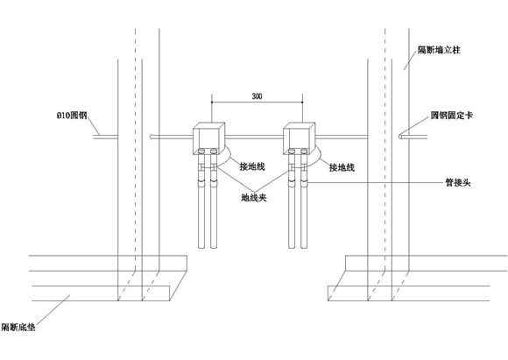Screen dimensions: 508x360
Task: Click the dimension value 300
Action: pos(257,96)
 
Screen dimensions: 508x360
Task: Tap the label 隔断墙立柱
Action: pos(439,50)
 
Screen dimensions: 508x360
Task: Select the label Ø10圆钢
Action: pos(72,116)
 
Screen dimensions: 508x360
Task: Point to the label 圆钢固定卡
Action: pos(452,115)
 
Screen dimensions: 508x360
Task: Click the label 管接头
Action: pos(458,183)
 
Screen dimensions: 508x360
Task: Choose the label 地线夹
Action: pos(254,197)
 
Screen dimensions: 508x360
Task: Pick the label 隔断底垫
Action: pos(18,328)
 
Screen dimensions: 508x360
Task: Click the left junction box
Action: pos(208,138)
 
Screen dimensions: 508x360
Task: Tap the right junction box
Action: pos(299,138)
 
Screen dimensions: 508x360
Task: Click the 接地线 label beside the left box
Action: pos(252,166)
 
